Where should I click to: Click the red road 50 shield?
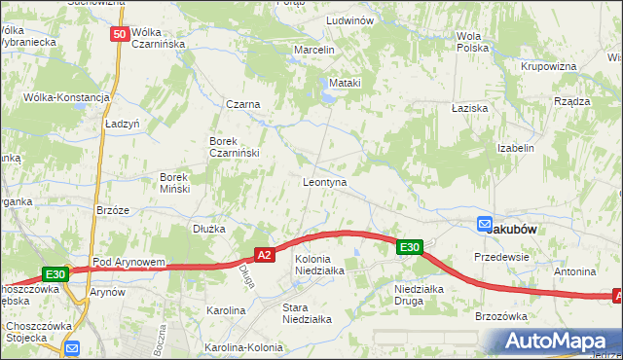[x=119, y=35]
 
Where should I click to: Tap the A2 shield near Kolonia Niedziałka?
[x=263, y=255]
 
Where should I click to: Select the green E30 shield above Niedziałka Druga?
[x=409, y=248]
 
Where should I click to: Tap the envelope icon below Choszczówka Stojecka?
[x=71, y=348]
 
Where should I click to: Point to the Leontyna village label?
[x=325, y=182]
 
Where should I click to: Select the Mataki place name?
[x=345, y=83]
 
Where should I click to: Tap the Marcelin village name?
[x=314, y=50]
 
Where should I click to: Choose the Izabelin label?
[x=516, y=148]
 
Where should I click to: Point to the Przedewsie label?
[x=500, y=257]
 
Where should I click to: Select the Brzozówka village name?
[x=500, y=316]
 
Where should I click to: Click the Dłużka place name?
[x=209, y=229]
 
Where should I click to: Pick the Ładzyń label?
[x=123, y=125]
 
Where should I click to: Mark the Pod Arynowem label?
[x=128, y=263]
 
